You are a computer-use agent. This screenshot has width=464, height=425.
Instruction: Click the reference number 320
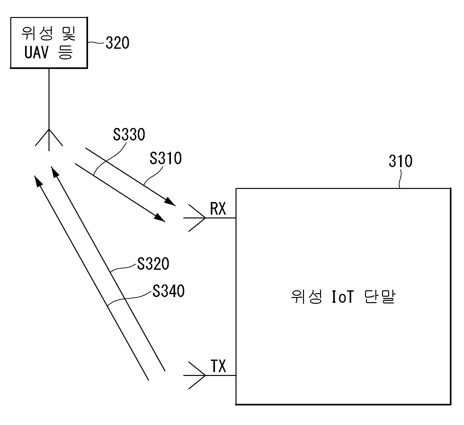(x=117, y=43)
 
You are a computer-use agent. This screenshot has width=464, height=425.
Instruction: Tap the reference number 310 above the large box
(x=400, y=161)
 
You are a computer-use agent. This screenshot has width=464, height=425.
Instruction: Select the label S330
(x=129, y=135)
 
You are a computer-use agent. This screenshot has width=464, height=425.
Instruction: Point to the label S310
(x=165, y=158)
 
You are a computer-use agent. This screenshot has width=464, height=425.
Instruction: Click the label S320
(x=153, y=264)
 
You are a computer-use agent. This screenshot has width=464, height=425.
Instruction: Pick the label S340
(x=168, y=291)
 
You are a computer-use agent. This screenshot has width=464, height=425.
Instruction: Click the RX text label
(x=218, y=209)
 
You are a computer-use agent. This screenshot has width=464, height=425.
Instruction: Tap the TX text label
(x=218, y=366)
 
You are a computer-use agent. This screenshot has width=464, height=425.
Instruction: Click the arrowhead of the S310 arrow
(x=170, y=202)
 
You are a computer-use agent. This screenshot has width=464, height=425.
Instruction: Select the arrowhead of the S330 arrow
(x=159, y=217)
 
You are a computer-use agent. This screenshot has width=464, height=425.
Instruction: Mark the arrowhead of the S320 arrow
(x=55, y=172)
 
